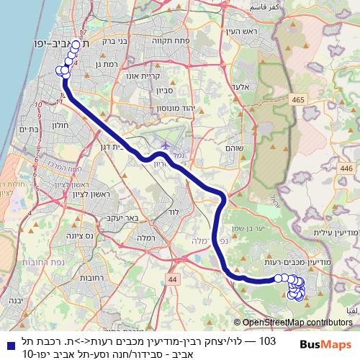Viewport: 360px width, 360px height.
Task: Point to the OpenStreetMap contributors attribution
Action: [x=293, y=322]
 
